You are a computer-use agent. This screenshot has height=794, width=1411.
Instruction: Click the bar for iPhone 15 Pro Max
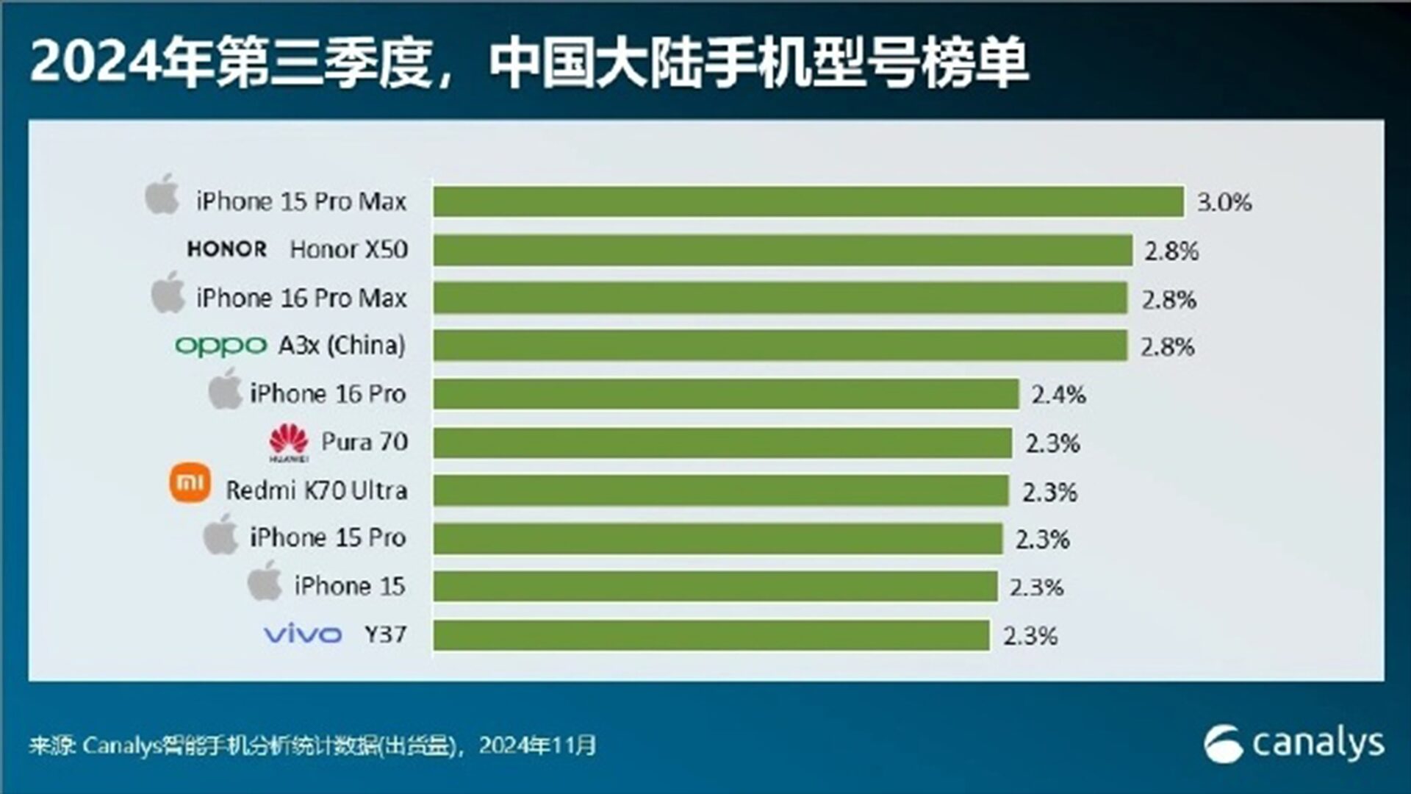tap(808, 201)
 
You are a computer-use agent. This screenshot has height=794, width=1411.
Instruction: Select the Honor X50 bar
tap(783, 250)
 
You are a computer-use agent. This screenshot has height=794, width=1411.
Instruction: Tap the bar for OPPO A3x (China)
tap(780, 346)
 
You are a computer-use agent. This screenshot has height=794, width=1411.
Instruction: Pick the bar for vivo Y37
tap(711, 635)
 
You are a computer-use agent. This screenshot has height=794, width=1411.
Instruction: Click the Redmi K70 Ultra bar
tap(721, 491)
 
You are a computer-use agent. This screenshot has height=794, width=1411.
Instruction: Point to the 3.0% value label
tap(1224, 202)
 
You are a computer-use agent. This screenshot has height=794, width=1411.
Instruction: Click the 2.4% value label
tap(1058, 395)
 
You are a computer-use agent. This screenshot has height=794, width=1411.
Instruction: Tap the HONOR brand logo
tap(226, 249)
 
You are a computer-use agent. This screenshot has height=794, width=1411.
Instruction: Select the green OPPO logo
tap(220, 346)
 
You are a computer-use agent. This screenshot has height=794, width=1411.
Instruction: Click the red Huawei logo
tap(289, 443)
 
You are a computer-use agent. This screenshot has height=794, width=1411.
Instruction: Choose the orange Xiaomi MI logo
tap(190, 483)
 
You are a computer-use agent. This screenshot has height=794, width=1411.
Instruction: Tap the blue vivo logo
tap(303, 634)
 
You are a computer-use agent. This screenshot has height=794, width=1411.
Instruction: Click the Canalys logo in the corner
tap(1293, 744)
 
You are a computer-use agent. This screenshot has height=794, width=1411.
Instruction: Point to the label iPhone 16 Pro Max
tap(301, 298)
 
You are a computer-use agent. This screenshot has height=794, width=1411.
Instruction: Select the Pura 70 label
tap(365, 442)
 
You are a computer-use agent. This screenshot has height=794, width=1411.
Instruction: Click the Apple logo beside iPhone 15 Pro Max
tap(162, 195)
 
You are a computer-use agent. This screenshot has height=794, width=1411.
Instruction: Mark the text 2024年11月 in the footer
tap(537, 745)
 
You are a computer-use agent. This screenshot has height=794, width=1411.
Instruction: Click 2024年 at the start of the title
tap(122, 62)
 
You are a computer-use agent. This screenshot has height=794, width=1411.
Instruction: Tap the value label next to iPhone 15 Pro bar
tap(1042, 540)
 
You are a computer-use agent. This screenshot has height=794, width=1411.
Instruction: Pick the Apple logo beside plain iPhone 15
tap(265, 582)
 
